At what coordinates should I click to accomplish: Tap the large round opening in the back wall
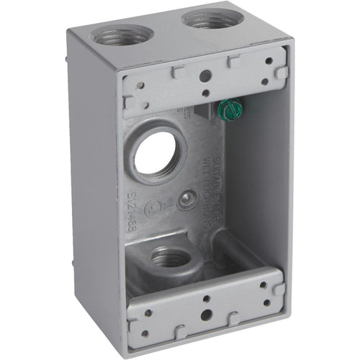point(154,153)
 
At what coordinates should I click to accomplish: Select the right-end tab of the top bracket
point(282,73)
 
